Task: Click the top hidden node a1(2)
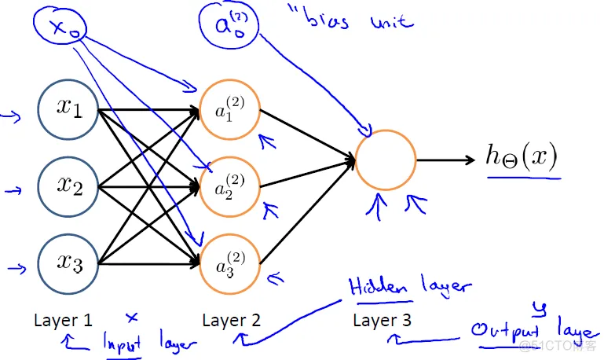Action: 230,110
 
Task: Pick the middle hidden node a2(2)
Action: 230,188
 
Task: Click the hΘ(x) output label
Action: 521,157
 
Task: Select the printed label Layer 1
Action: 64,321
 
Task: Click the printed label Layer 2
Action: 232,321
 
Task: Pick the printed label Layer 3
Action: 383,321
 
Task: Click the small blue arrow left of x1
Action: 11,119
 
